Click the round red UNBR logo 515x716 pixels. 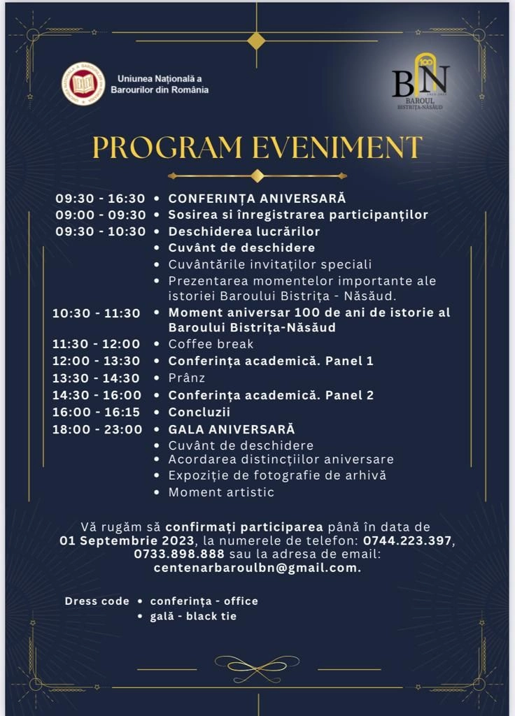[x=83, y=83]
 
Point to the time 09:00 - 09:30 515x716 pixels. [x=101, y=215]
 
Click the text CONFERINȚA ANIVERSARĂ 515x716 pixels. [x=257, y=198]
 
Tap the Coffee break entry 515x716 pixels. [x=211, y=344]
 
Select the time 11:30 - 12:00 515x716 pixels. [x=97, y=344]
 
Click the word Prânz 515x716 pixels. [x=186, y=378]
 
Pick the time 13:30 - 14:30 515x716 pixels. [x=97, y=378]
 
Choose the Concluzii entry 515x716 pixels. [x=199, y=412]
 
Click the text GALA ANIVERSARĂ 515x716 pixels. [x=232, y=429]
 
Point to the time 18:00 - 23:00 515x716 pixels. [x=97, y=429]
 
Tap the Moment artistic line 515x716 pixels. [x=221, y=492]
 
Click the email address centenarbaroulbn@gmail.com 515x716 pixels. [x=257, y=568]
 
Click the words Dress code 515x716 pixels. [x=97, y=601]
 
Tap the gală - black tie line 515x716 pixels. [x=193, y=617]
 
